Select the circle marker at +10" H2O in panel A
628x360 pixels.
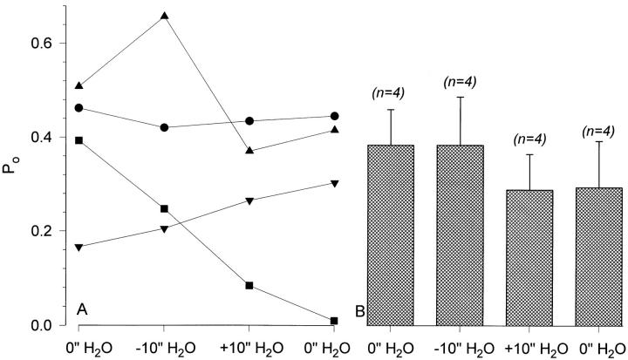249,121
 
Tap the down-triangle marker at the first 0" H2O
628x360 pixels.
78,248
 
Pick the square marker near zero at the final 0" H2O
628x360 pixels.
335,321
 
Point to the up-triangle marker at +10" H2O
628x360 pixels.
249,151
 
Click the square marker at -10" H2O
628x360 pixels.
164,208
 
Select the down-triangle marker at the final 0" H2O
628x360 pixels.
335,183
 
